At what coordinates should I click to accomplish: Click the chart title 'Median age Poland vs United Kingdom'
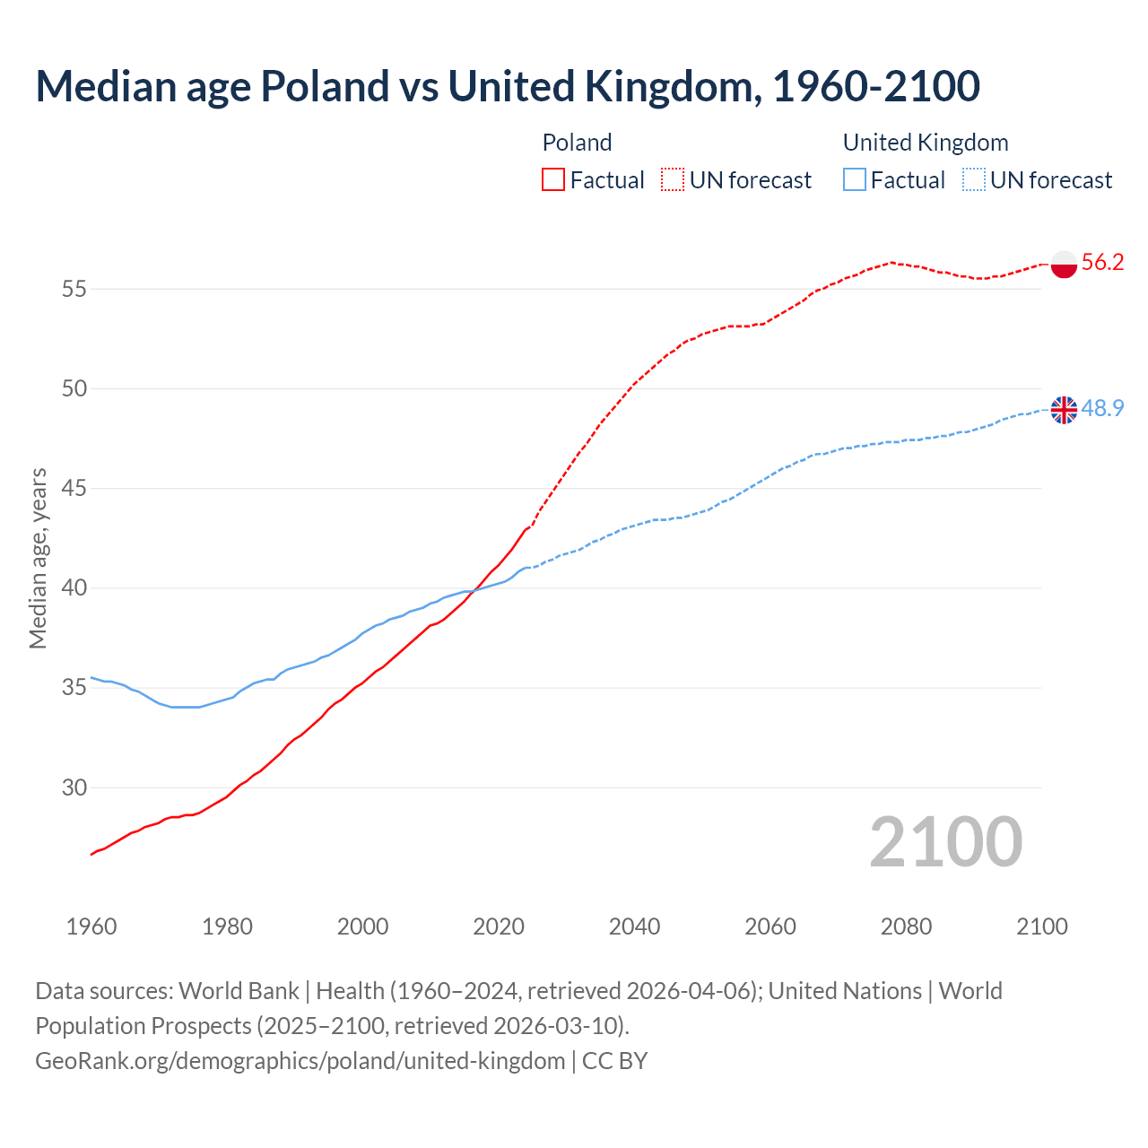(507, 87)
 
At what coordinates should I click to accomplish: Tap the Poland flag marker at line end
(1064, 264)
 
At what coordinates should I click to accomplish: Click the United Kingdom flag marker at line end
(1064, 410)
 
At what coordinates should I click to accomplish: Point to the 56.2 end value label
(1102, 263)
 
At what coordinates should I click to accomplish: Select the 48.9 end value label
(1102, 409)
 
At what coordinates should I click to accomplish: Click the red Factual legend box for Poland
(553, 180)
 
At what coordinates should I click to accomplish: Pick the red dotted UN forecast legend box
(673, 180)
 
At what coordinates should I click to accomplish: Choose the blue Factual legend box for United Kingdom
(855, 180)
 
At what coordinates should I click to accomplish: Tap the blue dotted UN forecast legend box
(974, 180)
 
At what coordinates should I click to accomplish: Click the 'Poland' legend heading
(577, 143)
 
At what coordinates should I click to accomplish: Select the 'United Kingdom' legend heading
(926, 143)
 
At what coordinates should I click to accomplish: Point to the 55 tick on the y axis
(74, 290)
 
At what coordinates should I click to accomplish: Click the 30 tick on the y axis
(74, 788)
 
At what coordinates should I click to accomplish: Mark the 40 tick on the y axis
(74, 588)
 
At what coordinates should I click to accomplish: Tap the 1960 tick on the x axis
(91, 926)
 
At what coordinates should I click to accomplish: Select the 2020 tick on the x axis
(499, 926)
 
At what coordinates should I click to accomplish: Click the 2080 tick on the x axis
(906, 926)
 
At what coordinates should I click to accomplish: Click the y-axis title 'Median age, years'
(38, 558)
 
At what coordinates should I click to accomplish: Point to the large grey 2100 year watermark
(945, 842)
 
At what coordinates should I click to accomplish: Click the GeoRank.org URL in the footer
(300, 1061)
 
